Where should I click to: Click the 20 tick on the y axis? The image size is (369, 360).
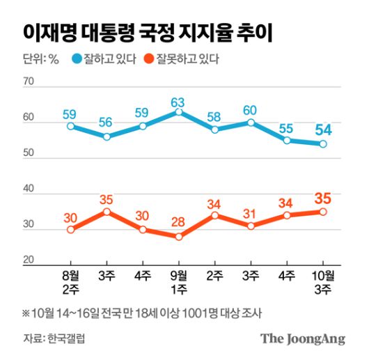(x=29, y=260)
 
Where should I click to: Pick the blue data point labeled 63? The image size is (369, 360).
(x=179, y=112)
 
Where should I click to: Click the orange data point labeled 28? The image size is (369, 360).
(x=179, y=236)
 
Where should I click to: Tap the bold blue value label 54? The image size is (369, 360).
(x=323, y=130)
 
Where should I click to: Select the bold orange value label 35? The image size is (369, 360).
(x=323, y=198)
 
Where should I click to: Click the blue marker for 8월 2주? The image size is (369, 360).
(x=70, y=126)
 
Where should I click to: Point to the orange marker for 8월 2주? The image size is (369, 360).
(x=70, y=229)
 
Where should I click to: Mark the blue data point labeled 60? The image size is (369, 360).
(x=251, y=123)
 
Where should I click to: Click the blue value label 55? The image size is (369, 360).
(x=287, y=129)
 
